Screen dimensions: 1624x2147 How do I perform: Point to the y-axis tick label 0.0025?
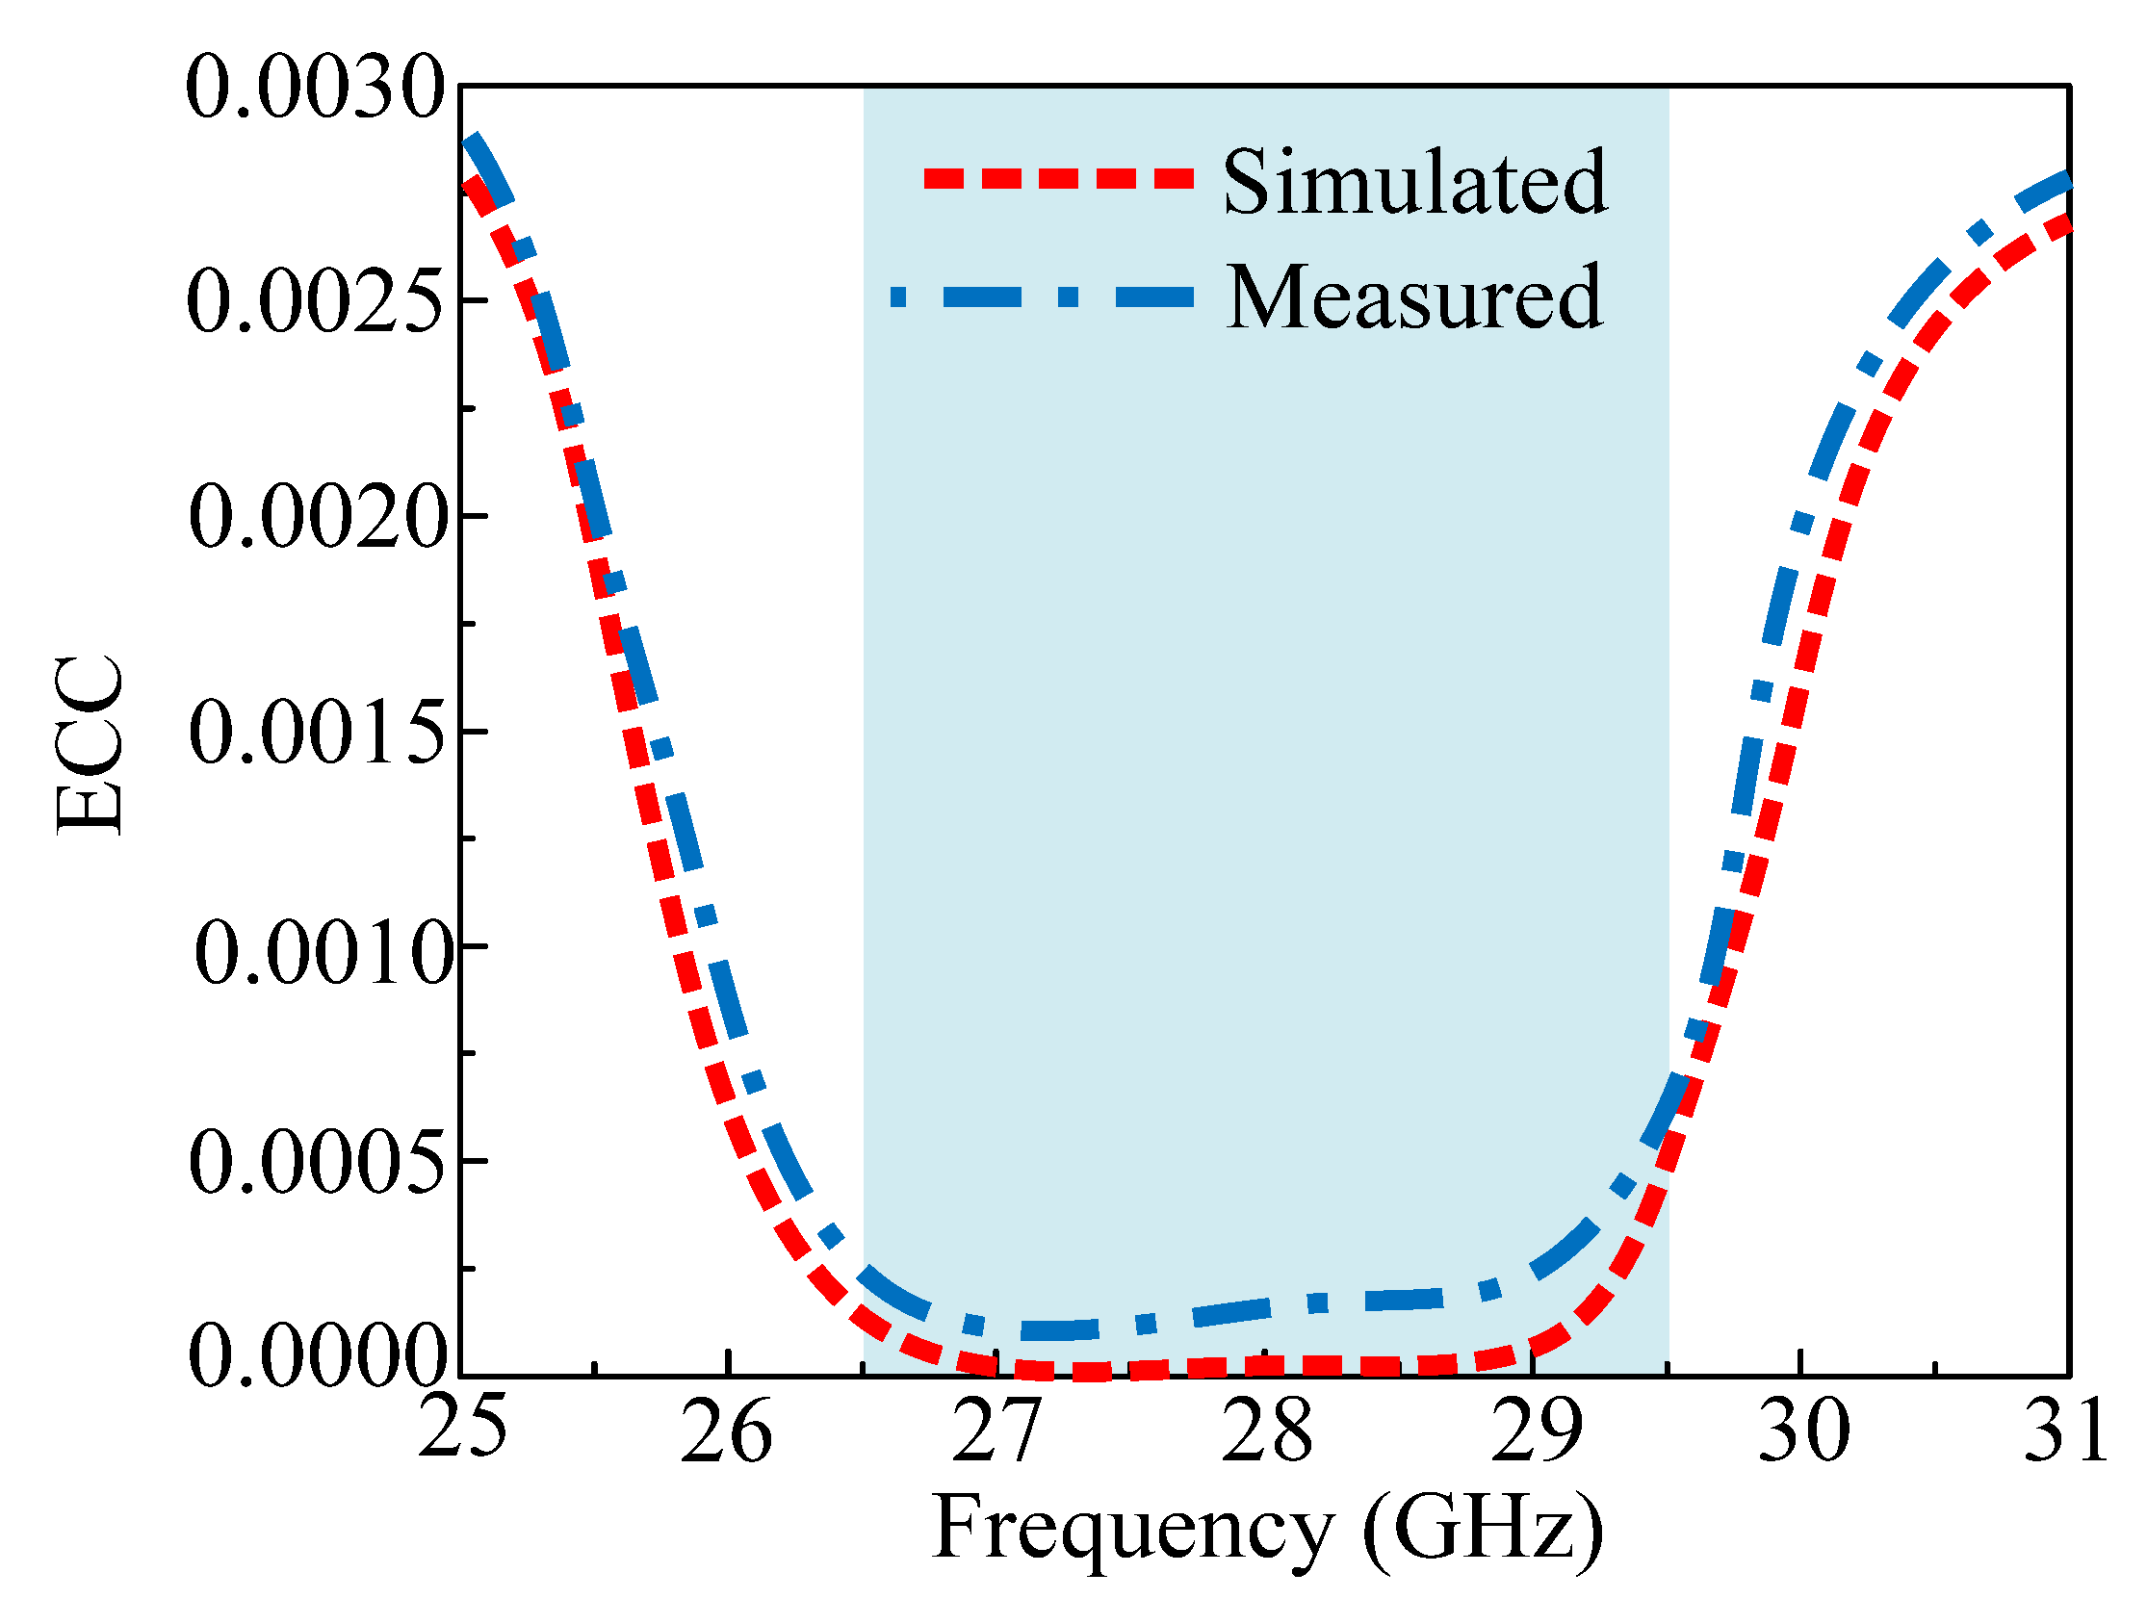click(316, 302)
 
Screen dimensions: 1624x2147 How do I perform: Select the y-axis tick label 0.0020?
click(319, 517)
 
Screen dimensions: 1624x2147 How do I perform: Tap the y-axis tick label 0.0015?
click(319, 733)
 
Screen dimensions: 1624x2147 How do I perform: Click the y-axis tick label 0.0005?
click(319, 1164)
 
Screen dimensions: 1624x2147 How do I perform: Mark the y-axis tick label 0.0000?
click(319, 1358)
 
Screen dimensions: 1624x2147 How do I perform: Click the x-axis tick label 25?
click(462, 1429)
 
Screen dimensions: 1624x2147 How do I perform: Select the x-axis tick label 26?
click(726, 1432)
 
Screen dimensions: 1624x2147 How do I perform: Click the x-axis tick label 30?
click(1803, 1432)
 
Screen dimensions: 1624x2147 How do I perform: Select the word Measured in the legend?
click(1413, 298)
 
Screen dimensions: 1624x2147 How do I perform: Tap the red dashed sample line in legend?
click(1058, 179)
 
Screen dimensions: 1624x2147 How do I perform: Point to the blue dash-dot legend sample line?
click(1041, 297)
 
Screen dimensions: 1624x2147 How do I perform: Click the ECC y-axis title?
click(90, 745)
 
